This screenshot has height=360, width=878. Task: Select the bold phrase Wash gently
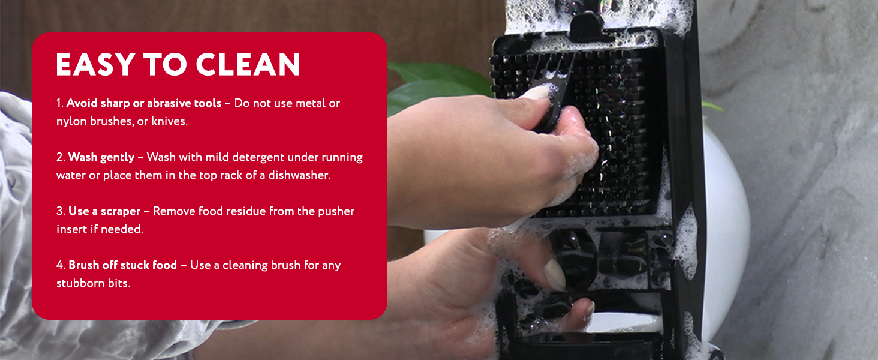pyautogui.click(x=101, y=157)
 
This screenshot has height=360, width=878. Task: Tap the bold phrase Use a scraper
pyautogui.click(x=104, y=211)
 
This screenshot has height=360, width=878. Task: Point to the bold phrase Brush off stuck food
pyautogui.click(x=122, y=265)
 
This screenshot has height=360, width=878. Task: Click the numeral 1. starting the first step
pyautogui.click(x=60, y=103)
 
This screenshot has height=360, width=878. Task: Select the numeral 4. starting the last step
pyautogui.click(x=61, y=265)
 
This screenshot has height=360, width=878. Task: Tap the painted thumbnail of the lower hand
pyautogui.click(x=554, y=276)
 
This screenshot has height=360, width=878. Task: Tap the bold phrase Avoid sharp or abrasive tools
pyautogui.click(x=144, y=103)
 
